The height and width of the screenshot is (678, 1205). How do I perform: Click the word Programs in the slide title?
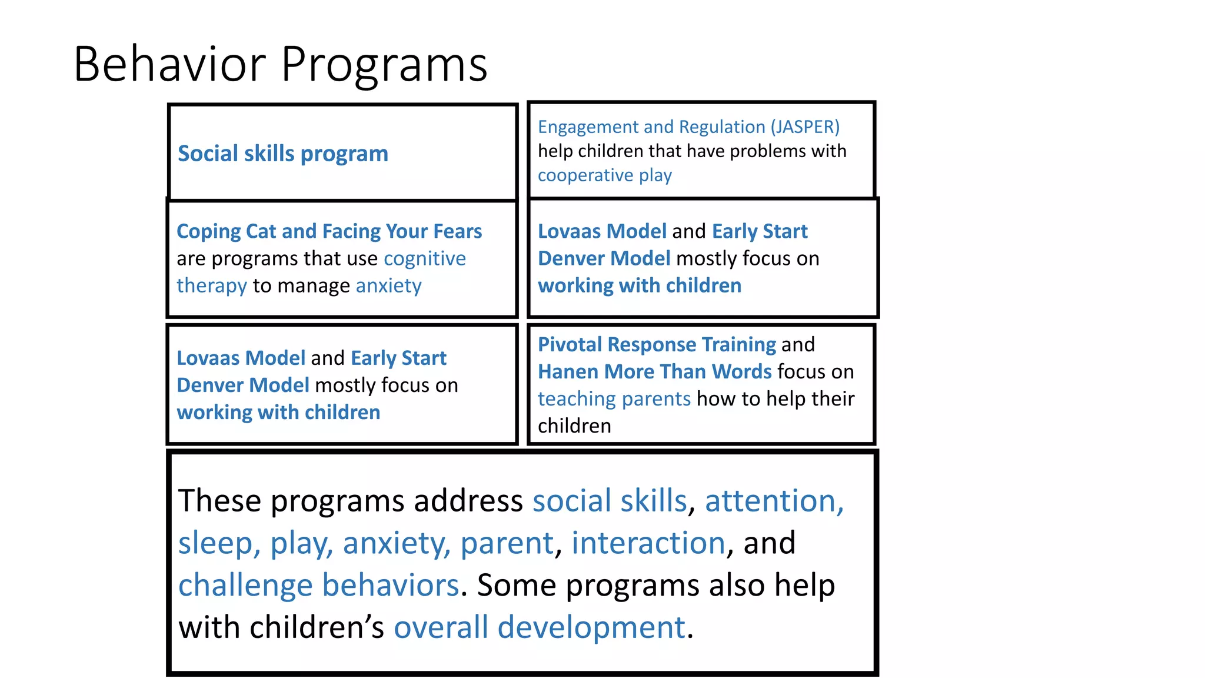pos(384,65)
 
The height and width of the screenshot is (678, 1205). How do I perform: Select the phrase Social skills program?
pos(282,154)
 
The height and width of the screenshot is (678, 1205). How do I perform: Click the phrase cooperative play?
pos(604,175)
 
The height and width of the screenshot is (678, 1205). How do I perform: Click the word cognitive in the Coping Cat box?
pos(424,258)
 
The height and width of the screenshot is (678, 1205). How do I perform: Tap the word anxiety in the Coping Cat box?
pos(388,285)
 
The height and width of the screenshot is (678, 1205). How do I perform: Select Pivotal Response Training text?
pos(657,344)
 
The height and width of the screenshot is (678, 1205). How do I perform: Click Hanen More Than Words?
pos(654,371)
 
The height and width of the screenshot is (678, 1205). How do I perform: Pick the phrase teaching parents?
pos(614,399)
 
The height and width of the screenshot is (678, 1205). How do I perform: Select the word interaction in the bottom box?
pos(648,543)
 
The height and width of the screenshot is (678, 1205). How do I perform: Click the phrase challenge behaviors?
pos(318,585)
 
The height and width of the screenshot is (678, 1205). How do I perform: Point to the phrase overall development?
pos(540,627)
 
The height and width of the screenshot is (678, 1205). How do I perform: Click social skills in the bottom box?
pos(609,501)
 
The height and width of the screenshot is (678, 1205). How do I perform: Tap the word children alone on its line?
pos(574,426)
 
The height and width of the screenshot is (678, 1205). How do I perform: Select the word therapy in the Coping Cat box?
pos(212,286)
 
